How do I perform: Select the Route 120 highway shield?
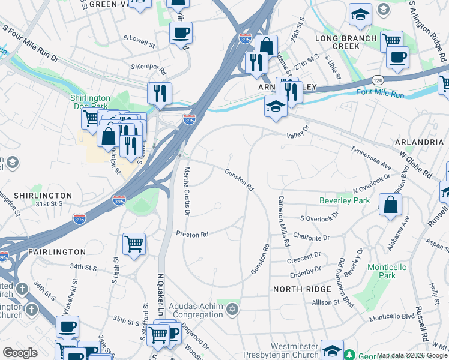377,80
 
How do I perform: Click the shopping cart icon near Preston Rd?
134,244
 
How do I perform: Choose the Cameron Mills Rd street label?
283,221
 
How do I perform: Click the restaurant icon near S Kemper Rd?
160,92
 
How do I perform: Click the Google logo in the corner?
20,353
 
